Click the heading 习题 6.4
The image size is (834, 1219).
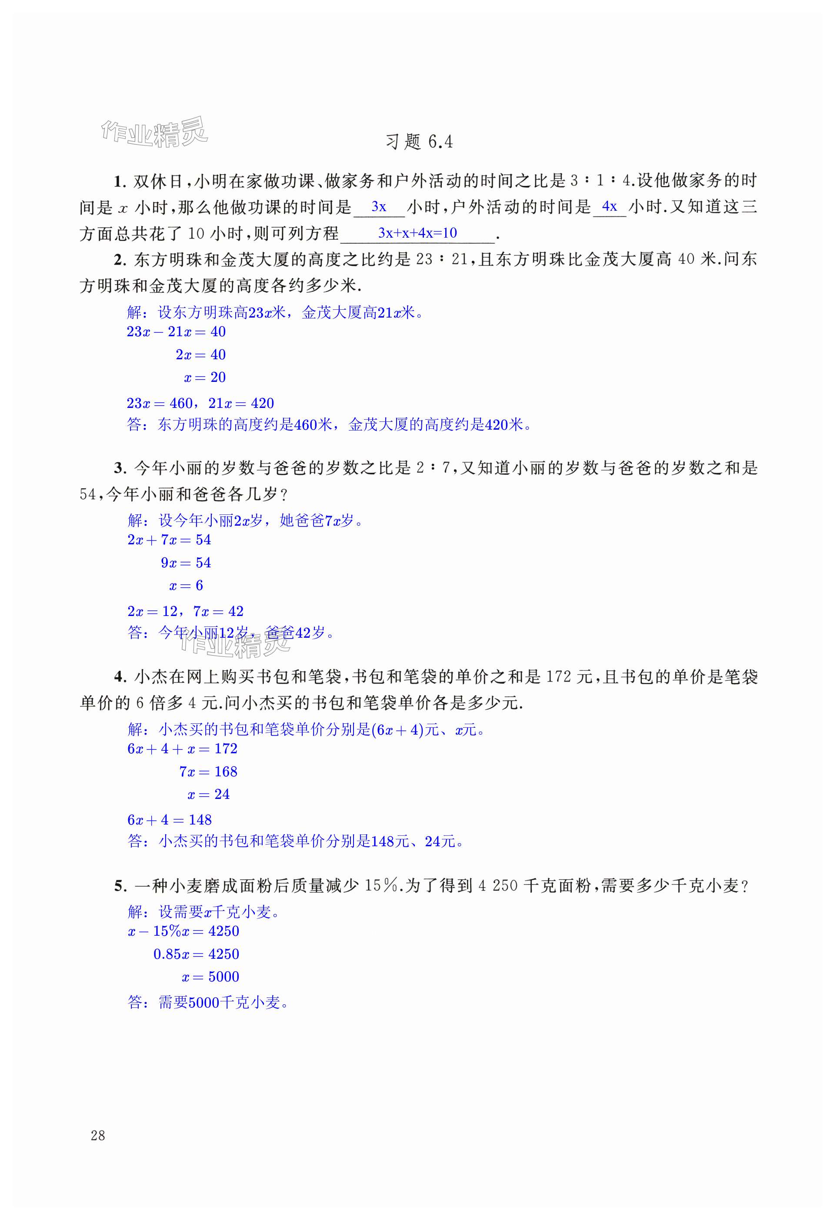click(x=419, y=142)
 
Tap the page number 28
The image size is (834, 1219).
click(x=98, y=1136)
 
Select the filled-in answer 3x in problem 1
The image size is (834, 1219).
click(x=378, y=207)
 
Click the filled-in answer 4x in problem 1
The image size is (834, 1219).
click(x=609, y=207)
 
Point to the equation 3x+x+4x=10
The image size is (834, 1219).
click(x=417, y=233)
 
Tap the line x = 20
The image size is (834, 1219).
click(x=205, y=377)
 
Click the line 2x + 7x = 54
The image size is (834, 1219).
click(x=169, y=540)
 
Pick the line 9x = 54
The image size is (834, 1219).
click(x=186, y=563)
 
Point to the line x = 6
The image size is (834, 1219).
click(x=186, y=585)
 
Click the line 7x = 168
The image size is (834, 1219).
click(x=208, y=772)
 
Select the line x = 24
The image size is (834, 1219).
click(x=208, y=794)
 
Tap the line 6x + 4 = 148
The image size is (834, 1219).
click(x=169, y=820)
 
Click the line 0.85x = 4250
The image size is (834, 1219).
click(x=196, y=954)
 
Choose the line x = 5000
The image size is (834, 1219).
click(x=210, y=977)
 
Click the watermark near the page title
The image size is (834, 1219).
click(x=154, y=132)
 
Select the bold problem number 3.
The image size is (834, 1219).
click(x=118, y=468)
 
